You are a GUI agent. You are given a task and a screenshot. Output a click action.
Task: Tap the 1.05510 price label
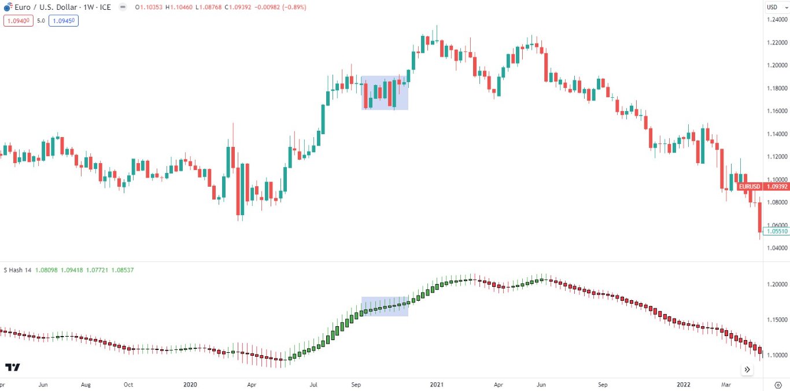[x=776, y=231]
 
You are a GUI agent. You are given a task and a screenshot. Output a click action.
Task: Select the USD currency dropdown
[x=773, y=7]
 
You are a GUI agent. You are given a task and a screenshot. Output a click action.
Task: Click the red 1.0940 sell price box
[x=17, y=20]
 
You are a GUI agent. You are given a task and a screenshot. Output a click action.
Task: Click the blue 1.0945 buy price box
[x=64, y=20]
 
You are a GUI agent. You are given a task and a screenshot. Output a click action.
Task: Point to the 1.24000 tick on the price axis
[x=777, y=20]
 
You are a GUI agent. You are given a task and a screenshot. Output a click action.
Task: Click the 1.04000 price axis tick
[x=777, y=248]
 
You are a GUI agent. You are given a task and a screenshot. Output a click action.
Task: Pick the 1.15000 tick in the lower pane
[x=777, y=320]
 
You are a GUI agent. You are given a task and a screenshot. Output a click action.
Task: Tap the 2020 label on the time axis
[x=190, y=385]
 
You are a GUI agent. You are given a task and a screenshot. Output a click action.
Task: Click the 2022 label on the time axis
[x=684, y=385]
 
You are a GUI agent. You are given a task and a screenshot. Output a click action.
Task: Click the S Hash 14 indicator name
[x=17, y=270]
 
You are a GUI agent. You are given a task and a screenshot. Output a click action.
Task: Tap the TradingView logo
[x=13, y=367]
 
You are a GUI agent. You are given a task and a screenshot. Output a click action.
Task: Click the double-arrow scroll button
[x=747, y=370]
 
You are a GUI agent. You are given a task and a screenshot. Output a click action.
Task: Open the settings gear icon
[x=777, y=385]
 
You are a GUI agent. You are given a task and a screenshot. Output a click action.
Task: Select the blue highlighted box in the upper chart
[x=385, y=93]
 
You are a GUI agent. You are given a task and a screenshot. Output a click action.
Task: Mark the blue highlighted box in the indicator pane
[x=385, y=307]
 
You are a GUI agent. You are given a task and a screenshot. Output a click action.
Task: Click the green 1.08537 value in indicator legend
[x=122, y=270]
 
